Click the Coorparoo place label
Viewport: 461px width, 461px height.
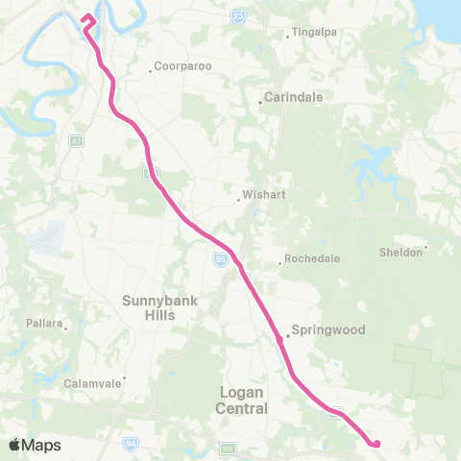[x=180, y=67]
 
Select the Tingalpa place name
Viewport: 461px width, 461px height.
[x=314, y=32]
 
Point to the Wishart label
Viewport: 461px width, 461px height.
[x=263, y=193]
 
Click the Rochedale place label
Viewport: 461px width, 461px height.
[x=308, y=258]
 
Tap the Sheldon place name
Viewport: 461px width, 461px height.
[x=400, y=252]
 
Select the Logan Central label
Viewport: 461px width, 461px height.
[x=242, y=400]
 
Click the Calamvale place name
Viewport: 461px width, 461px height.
[x=92, y=382]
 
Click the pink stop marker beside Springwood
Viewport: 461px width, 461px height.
[x=279, y=339]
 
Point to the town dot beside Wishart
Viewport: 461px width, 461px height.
[x=239, y=200]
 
